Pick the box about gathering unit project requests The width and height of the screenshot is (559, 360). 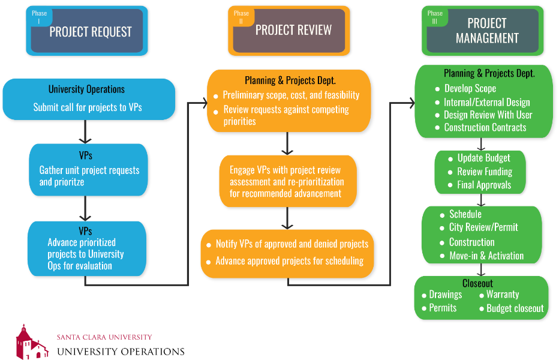[x=88, y=170]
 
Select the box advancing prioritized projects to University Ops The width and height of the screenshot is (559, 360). [x=88, y=248]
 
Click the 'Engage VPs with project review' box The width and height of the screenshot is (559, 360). [x=287, y=181]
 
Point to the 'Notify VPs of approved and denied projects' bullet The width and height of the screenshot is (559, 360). [x=291, y=244]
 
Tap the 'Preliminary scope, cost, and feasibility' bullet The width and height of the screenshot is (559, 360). [x=291, y=95]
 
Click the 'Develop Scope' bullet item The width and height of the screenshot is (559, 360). [x=470, y=89]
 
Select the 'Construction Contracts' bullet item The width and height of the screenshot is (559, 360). [x=485, y=128]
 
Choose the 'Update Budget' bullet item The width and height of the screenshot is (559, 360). [x=483, y=158]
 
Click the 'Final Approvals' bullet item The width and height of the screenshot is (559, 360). [x=483, y=185]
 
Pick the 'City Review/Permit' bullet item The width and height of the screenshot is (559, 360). [x=483, y=227]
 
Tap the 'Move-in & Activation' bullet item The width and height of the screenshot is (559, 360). [x=486, y=256]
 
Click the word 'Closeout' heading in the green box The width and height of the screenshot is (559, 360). [x=477, y=283]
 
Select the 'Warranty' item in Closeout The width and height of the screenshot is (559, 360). [x=502, y=295]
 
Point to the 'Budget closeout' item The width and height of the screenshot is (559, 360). [x=515, y=308]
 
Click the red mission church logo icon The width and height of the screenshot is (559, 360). [x=31, y=341]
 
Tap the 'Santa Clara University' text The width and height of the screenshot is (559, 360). [x=104, y=337]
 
